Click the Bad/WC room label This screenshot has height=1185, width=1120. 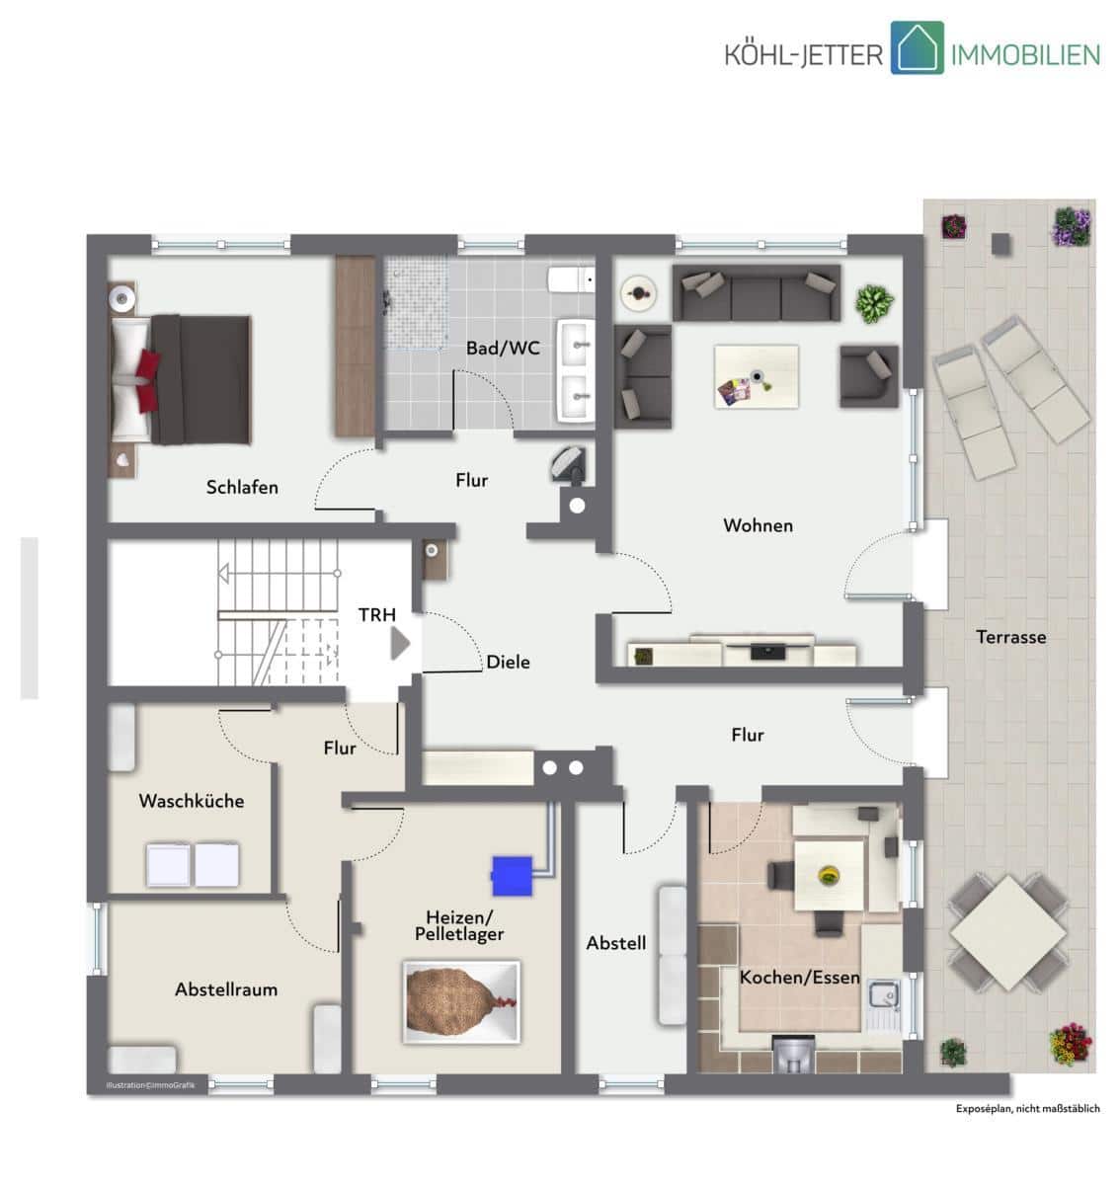pyautogui.click(x=503, y=348)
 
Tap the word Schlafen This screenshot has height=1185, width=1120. pyautogui.click(x=242, y=487)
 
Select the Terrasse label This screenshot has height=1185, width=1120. pyautogui.click(x=1010, y=637)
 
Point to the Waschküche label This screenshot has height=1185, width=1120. pyautogui.click(x=191, y=800)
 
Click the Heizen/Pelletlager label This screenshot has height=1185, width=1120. pyautogui.click(x=459, y=925)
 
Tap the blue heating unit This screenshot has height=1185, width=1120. pyautogui.click(x=512, y=876)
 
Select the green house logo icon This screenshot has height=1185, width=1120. pyautogui.click(x=917, y=47)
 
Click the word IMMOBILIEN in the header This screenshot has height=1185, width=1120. pyautogui.click(x=1025, y=55)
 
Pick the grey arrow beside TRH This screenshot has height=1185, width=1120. pyautogui.click(x=400, y=644)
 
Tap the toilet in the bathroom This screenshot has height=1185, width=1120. pyautogui.click(x=571, y=279)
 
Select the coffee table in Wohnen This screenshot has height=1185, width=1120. pyautogui.click(x=756, y=376)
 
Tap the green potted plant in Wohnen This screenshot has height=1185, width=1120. pyautogui.click(x=874, y=304)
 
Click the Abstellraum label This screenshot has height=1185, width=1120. pyautogui.click(x=225, y=989)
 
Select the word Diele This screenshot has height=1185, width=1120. pyautogui.click(x=508, y=662)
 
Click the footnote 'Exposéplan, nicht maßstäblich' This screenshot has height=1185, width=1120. pyautogui.click(x=1027, y=1108)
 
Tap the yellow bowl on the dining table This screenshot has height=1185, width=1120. pyautogui.click(x=829, y=875)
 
